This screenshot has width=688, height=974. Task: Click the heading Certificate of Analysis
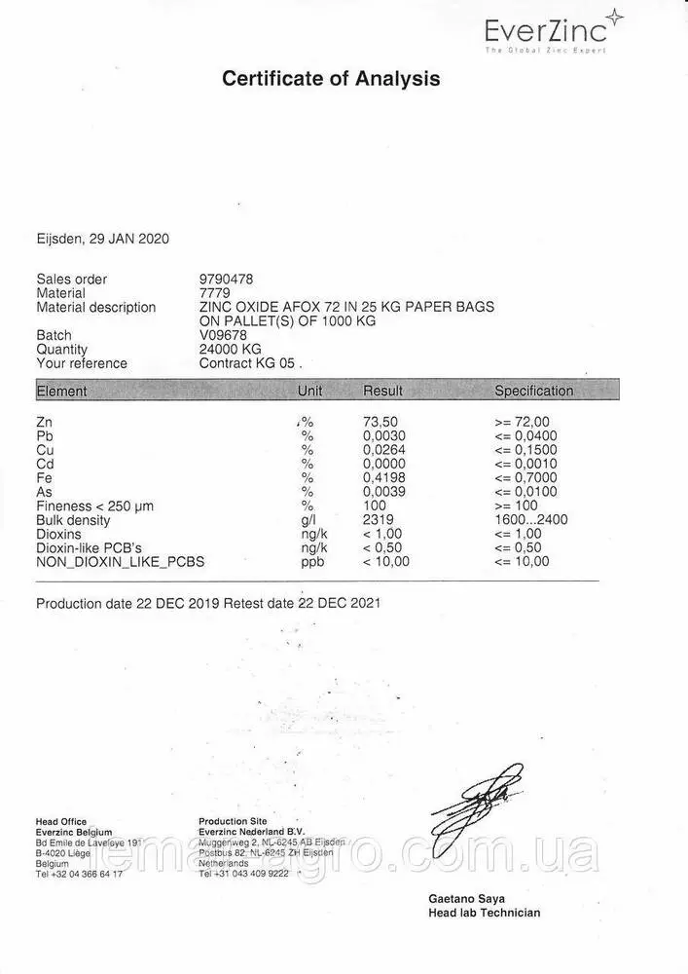331,79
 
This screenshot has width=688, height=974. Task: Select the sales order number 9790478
226,279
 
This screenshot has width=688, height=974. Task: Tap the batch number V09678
223,335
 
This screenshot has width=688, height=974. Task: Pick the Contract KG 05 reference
250,363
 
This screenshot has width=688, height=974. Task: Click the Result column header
382,391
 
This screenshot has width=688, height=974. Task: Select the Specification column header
533,391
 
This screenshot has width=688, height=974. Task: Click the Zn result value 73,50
380,422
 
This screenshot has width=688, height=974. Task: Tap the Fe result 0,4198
383,478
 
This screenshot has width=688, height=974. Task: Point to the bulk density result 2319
378,520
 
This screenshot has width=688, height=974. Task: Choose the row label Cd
44,465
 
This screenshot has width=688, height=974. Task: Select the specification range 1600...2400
530,520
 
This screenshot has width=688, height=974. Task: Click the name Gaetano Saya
466,898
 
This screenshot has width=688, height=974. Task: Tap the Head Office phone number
79,874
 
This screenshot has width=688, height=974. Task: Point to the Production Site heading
232,821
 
